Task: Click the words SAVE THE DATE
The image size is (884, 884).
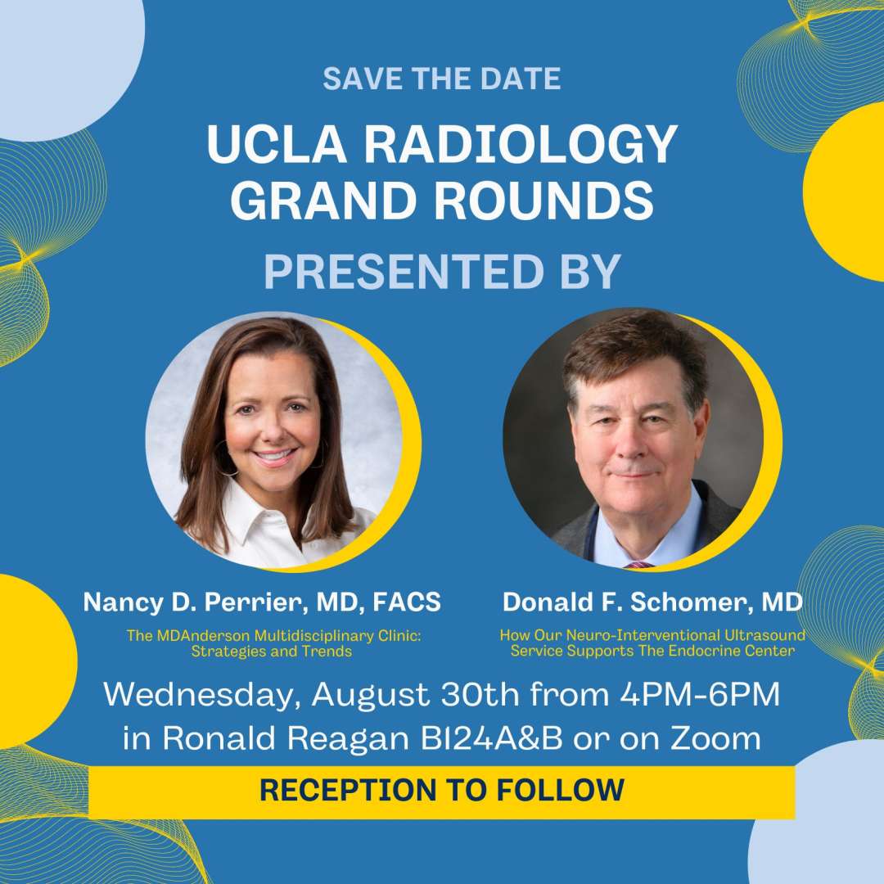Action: (442, 79)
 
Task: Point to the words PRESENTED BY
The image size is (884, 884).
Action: (442, 272)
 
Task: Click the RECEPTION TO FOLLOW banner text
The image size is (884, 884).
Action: (442, 791)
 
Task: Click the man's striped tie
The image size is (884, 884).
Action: (638, 564)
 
